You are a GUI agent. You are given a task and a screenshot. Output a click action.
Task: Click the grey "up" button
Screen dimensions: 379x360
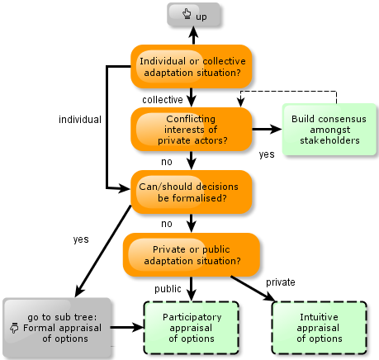click(x=193, y=15)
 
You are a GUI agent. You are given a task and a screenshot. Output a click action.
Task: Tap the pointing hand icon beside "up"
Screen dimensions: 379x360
click(x=187, y=14)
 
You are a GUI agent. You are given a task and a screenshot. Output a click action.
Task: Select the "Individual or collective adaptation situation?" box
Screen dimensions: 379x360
click(x=192, y=67)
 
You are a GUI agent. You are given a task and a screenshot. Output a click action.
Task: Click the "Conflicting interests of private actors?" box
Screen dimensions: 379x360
click(x=192, y=130)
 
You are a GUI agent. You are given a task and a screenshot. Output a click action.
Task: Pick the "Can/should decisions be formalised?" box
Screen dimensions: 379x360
click(x=192, y=192)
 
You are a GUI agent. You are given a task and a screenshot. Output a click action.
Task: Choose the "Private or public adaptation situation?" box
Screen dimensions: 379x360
click(x=192, y=255)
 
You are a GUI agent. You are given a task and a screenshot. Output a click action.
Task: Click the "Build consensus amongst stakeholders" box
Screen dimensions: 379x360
click(x=329, y=130)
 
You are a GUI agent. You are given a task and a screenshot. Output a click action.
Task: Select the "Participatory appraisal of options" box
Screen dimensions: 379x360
click(x=192, y=328)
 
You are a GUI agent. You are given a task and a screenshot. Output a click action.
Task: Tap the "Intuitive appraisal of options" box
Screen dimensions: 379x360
click(x=320, y=328)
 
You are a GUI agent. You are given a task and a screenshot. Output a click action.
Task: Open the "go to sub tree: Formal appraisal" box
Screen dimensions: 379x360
click(x=57, y=328)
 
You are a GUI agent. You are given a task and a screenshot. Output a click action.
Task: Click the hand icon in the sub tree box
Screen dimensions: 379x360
click(x=14, y=328)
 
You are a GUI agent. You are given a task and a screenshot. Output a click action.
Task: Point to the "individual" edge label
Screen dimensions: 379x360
click(x=80, y=120)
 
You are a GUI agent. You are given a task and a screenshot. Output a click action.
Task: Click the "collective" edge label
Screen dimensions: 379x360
click(x=163, y=100)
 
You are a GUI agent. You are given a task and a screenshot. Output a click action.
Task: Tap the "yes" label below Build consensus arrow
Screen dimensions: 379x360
click(x=267, y=154)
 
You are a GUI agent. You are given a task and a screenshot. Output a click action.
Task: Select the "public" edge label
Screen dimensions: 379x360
click(x=168, y=289)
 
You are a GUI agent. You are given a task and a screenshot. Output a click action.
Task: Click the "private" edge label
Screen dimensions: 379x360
click(x=281, y=282)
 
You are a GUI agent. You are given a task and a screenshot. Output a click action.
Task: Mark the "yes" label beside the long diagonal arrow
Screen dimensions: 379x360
click(x=81, y=239)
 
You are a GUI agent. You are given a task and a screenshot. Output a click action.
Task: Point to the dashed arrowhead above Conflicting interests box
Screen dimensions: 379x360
click(x=241, y=103)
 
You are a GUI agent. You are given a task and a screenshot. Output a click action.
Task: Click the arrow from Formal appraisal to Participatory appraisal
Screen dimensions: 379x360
click(x=127, y=327)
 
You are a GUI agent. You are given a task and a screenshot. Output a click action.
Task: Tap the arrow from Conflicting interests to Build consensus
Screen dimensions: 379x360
click(x=267, y=129)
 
